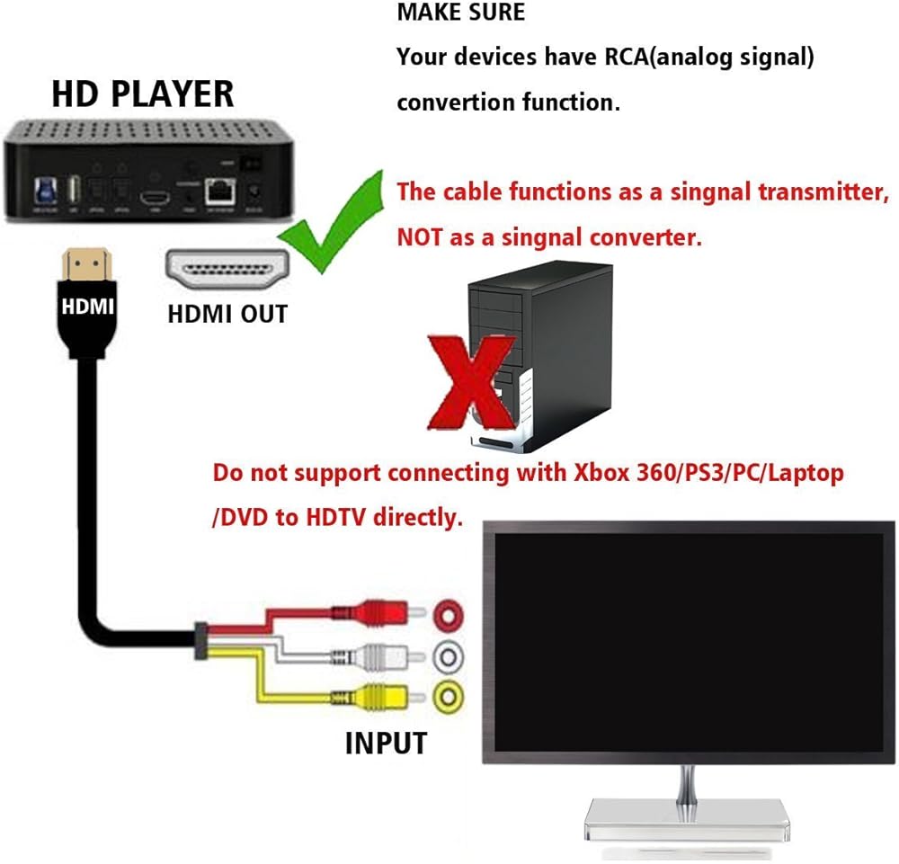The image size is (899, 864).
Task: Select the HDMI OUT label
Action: [227, 314]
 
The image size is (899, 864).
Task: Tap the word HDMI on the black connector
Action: [87, 307]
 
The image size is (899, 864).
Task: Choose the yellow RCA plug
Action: [383, 696]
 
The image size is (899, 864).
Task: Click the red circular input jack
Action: [449, 616]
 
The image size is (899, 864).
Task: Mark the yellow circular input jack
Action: [449, 695]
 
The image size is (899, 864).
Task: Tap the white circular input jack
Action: [449, 657]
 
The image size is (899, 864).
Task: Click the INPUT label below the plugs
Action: [386, 743]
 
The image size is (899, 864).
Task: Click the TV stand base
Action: [689, 819]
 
